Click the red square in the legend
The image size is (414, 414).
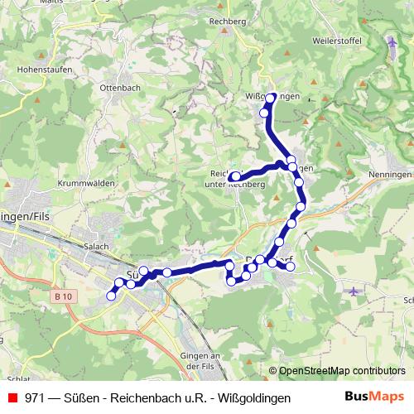click(x=12, y=397)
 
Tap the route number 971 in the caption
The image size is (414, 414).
click(x=35, y=397)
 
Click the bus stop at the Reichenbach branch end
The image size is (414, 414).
click(x=234, y=176)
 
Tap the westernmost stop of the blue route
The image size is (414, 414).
click(x=111, y=296)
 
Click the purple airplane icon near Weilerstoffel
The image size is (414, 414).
click(x=392, y=41)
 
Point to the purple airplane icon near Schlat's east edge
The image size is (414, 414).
click(x=354, y=291)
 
